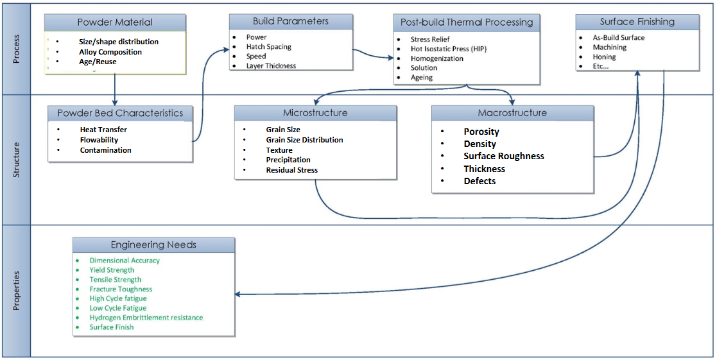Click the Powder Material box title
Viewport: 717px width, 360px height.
pyautogui.click(x=115, y=22)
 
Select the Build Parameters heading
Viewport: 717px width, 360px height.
pyautogui.click(x=290, y=21)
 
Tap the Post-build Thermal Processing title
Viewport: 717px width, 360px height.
pyautogui.click(x=467, y=22)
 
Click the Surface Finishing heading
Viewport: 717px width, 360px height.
pyautogui.click(x=637, y=22)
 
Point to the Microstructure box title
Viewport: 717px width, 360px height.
pyautogui.click(x=315, y=113)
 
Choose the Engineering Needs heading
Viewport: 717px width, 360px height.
pyautogui.click(x=153, y=245)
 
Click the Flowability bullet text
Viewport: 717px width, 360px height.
pyautogui.click(x=99, y=140)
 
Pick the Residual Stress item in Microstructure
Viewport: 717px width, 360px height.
pyautogui.click(x=291, y=170)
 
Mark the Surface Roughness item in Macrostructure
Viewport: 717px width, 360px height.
pyautogui.click(x=504, y=156)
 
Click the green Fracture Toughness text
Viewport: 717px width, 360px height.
pyautogui.click(x=121, y=289)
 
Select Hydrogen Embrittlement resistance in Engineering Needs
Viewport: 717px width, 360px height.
pyautogui.click(x=146, y=317)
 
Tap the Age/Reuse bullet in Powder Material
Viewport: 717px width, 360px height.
pyautogui.click(x=98, y=62)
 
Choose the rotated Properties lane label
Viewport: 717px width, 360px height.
pyautogui.click(x=16, y=291)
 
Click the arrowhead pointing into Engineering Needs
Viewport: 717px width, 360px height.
pyautogui.click(x=239, y=295)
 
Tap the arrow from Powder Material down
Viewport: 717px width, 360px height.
pyautogui.click(x=115, y=90)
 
